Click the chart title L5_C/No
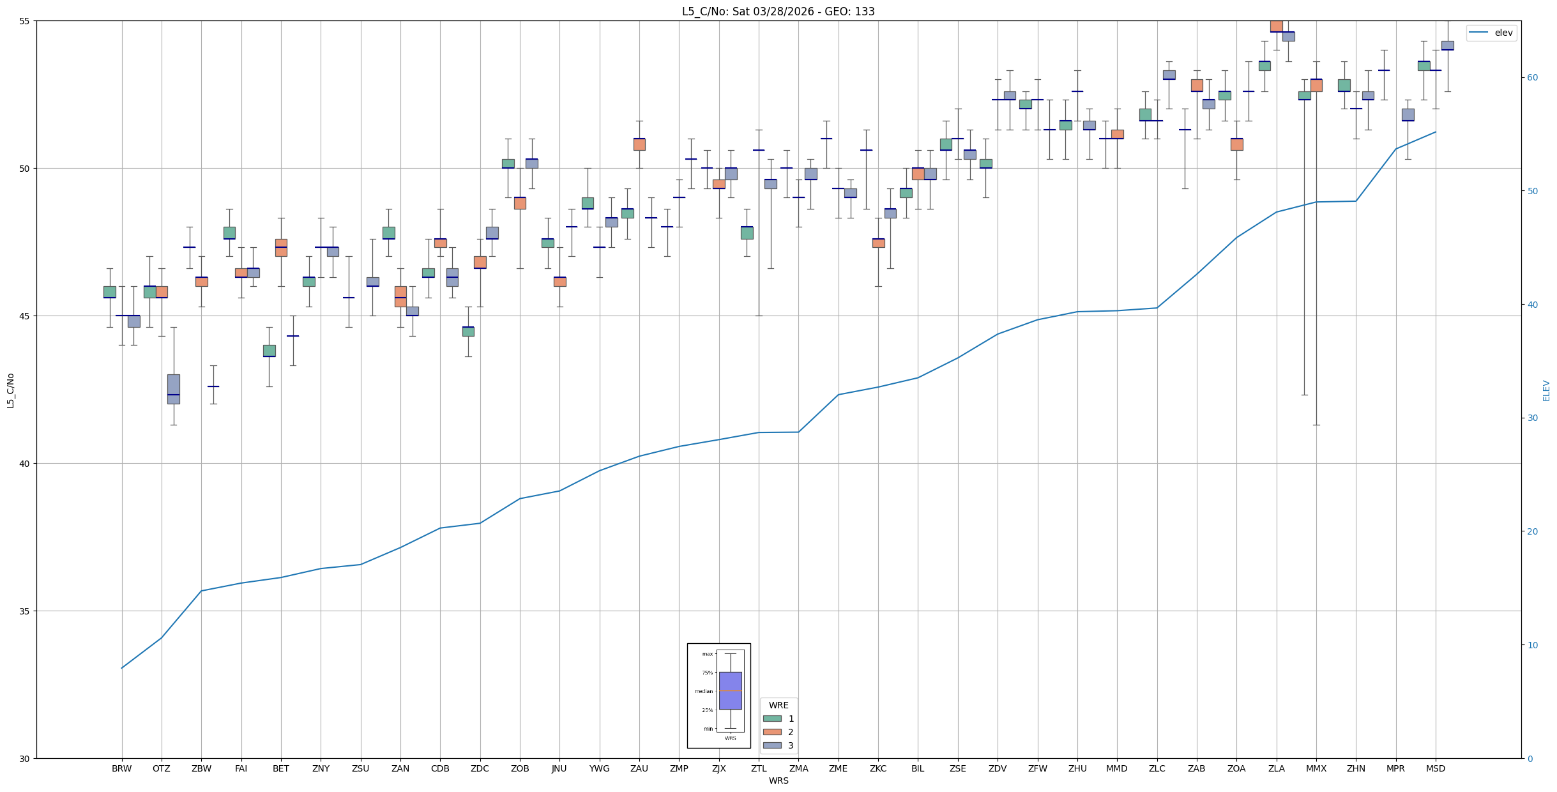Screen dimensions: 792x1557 tap(778, 11)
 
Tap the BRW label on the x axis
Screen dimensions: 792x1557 tap(121, 768)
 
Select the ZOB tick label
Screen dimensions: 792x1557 tap(520, 768)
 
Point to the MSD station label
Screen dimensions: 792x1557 tap(1436, 768)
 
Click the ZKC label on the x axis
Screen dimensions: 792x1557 tap(878, 768)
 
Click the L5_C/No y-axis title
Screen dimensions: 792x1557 tap(10, 390)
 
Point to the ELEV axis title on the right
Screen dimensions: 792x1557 tap(1546, 390)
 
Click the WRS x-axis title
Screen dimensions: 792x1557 tap(778, 781)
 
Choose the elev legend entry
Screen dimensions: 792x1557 tap(1491, 33)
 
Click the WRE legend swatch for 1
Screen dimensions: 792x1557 tap(772, 719)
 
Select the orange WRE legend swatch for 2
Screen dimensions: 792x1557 tap(772, 732)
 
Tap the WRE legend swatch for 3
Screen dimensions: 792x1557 tap(772, 745)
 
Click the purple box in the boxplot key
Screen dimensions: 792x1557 tap(730, 690)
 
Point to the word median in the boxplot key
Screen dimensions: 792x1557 tap(703, 691)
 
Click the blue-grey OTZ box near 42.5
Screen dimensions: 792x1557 tap(174, 389)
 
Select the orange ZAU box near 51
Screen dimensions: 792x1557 tap(639, 144)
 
